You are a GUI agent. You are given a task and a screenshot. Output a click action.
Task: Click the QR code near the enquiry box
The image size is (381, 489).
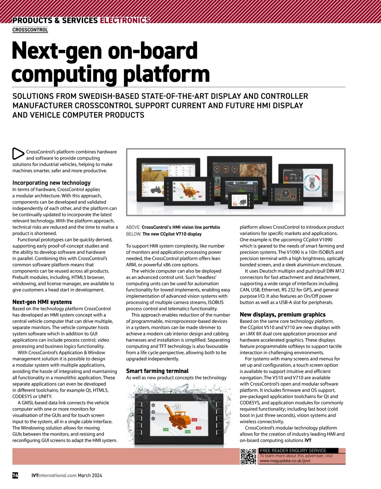(x=248, y=457)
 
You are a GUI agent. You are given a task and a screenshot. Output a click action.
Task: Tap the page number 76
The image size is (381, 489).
(x=15, y=475)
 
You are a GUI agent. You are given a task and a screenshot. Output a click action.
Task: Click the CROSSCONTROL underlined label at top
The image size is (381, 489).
(x=30, y=30)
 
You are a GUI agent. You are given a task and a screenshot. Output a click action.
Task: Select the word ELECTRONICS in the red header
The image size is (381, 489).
(x=125, y=20)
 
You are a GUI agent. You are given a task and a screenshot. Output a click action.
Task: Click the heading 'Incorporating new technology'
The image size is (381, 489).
(x=51, y=183)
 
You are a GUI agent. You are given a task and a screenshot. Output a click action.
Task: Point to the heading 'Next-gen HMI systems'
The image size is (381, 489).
(x=42, y=302)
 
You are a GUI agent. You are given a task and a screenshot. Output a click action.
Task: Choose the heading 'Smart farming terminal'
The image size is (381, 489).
(x=157, y=371)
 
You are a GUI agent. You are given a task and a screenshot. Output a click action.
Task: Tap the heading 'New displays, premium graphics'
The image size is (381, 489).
(x=283, y=315)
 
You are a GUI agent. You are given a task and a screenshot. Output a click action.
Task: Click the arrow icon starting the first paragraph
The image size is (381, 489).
(x=18, y=154)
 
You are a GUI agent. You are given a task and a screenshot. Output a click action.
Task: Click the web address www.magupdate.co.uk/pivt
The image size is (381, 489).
(x=285, y=460)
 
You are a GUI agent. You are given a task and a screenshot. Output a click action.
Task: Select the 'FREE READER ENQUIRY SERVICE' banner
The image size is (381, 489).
(x=293, y=451)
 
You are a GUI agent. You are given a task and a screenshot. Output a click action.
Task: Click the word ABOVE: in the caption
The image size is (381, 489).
(x=133, y=227)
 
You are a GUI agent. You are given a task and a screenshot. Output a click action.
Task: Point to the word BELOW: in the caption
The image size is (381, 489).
(x=133, y=234)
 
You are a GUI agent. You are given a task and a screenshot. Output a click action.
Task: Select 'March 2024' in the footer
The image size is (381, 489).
(x=90, y=476)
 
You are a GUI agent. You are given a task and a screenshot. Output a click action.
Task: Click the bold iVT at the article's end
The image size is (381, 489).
(x=308, y=440)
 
